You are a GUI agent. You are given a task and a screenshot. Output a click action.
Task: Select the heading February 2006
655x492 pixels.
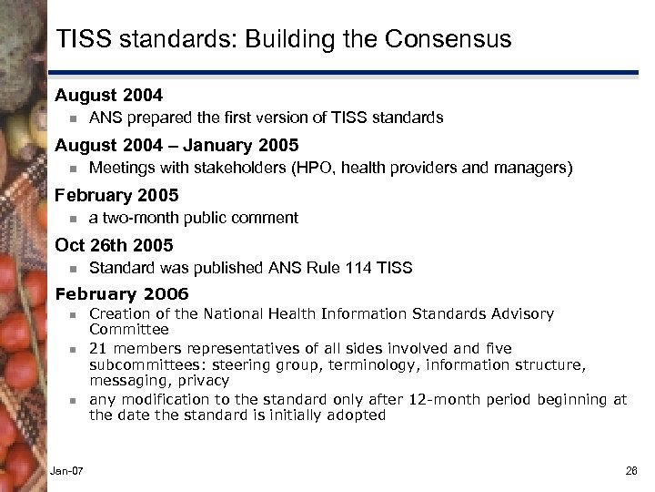[x=122, y=293]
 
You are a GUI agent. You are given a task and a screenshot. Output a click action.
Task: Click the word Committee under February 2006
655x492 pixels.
[x=128, y=329]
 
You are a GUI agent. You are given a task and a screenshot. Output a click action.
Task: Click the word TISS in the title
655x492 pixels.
[x=86, y=40]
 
